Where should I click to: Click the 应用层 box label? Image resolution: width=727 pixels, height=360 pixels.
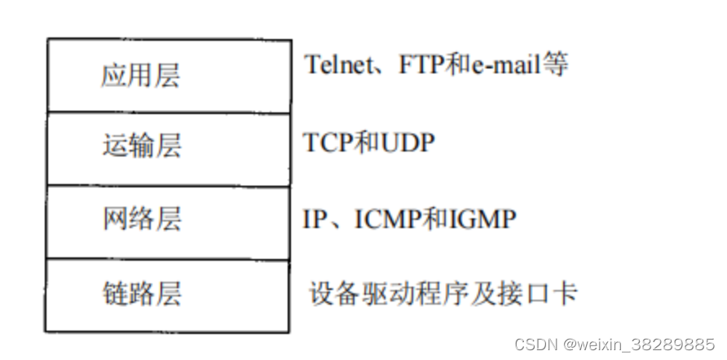[x=140, y=76]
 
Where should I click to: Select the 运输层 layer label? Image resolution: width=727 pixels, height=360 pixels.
[x=140, y=147]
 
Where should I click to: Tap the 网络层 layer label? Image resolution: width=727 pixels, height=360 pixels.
[x=140, y=219]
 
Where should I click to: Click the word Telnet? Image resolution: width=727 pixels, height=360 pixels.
[x=338, y=64]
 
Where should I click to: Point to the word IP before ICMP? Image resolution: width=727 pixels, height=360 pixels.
[x=315, y=218]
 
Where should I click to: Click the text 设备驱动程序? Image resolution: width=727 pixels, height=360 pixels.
[x=388, y=293]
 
